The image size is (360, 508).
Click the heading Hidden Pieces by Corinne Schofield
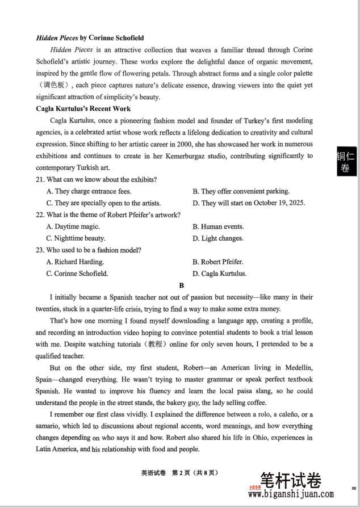coord(90,38)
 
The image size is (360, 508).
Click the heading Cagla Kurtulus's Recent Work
coord(83,109)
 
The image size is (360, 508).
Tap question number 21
coord(40,180)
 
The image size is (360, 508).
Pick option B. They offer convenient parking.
coord(241,191)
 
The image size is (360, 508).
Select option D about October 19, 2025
coord(249,203)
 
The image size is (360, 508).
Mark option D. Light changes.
coord(218,238)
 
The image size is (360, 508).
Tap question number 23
coord(40,250)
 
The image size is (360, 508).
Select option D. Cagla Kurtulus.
coord(219,274)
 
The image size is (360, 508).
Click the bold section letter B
coord(181,286)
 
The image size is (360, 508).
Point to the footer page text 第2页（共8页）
coord(195,472)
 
